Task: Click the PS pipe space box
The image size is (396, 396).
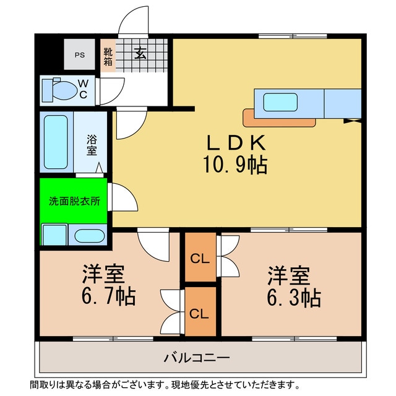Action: (80, 54)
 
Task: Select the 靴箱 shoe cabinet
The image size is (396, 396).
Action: (108, 56)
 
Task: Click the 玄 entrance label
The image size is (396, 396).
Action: (140, 53)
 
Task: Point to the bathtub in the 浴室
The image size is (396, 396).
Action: (56, 142)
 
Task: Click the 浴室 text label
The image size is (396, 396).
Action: (91, 145)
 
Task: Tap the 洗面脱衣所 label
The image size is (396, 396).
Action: (74, 200)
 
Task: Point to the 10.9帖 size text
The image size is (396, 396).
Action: (235, 165)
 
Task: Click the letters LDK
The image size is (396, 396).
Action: (236, 143)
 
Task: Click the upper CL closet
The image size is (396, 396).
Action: (199, 258)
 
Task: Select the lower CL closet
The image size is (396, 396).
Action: (199, 312)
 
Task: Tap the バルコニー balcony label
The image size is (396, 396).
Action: (197, 358)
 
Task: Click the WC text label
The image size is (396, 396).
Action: (83, 88)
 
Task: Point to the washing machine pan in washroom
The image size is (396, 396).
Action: (54, 236)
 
